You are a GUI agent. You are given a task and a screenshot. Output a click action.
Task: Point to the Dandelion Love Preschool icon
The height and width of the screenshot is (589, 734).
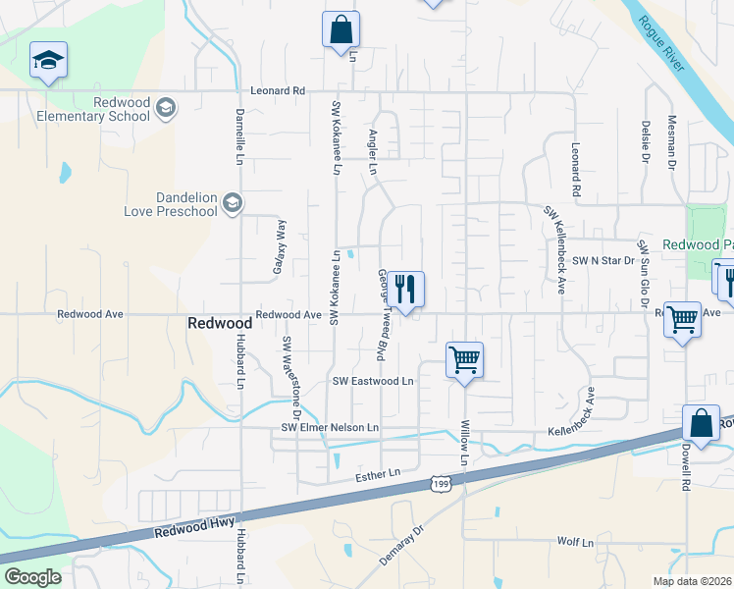pos(233,203)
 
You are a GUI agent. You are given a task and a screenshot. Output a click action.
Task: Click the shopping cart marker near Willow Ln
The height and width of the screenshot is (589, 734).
pos(463,359)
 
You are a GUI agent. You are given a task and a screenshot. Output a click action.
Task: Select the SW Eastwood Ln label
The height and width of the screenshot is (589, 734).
pos(374,381)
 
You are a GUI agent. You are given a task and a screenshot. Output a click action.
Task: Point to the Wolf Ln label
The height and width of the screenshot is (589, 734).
pos(576,542)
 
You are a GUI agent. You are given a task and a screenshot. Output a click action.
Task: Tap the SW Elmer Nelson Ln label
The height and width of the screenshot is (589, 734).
pos(330,427)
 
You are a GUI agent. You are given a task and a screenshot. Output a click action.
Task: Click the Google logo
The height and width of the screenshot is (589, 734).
pos(32,577)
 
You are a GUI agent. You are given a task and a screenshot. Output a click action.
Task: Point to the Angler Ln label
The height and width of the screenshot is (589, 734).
pos(373,151)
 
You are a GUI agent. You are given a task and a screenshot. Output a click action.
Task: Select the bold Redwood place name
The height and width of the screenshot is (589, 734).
pos(220,323)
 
